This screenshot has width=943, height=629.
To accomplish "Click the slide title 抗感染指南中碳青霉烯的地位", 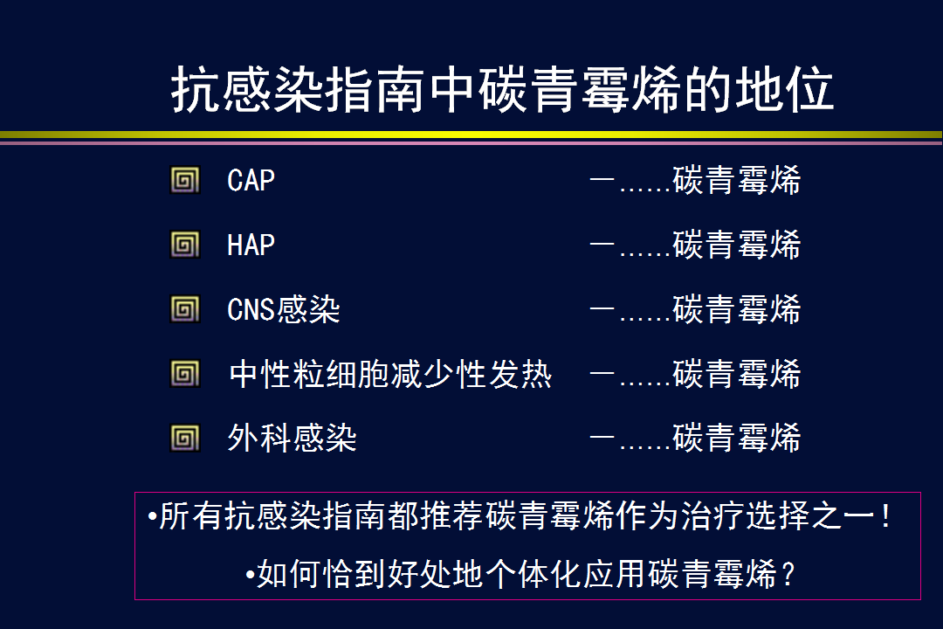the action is (502, 90).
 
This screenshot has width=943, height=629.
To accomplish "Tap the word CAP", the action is (251, 180).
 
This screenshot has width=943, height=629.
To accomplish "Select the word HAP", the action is (251, 245).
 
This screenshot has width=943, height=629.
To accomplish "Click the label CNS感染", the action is (283, 309).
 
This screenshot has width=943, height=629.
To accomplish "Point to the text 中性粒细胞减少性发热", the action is (390, 374).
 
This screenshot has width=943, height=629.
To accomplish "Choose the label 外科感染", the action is (293, 438).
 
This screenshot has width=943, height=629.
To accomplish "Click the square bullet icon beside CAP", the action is (184, 180).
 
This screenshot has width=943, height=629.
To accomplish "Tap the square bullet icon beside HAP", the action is (184, 245).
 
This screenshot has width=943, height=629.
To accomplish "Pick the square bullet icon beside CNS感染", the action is (184, 309).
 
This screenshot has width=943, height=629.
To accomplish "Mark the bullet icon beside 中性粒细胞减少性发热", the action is (184, 374).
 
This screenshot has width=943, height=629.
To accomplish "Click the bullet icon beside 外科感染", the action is (184, 439).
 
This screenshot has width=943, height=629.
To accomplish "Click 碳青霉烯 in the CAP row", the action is (737, 180).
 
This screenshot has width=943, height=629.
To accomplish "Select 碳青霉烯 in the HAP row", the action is (737, 245).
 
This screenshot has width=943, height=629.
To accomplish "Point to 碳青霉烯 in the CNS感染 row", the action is (737, 309).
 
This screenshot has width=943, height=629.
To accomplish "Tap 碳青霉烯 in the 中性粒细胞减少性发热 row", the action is (737, 374).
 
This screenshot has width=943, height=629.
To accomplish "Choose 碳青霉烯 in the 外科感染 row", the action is (737, 438).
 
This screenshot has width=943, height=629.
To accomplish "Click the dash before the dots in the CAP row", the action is (602, 179).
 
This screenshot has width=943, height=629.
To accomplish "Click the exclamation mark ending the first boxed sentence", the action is (885, 515).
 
